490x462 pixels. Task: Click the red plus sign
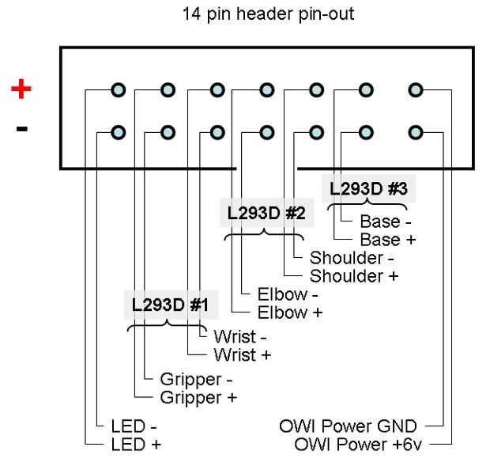(x=21, y=89)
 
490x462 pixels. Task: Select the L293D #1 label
(x=169, y=305)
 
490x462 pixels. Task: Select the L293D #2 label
(x=266, y=213)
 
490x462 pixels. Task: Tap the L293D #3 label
(x=368, y=189)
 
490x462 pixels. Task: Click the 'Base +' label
(x=387, y=239)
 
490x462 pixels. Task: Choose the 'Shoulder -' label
(x=351, y=258)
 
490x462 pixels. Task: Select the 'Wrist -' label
(x=239, y=337)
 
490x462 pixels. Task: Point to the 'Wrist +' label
(x=242, y=354)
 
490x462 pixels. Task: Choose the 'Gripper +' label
(x=198, y=397)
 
